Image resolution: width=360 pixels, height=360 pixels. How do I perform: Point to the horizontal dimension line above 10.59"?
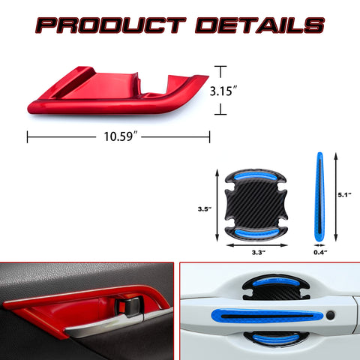click(118, 137)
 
